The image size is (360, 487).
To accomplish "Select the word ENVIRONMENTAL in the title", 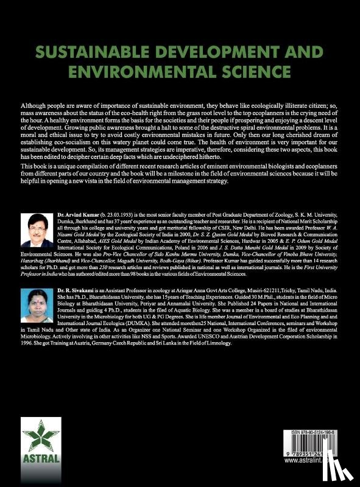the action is point(143,74).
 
